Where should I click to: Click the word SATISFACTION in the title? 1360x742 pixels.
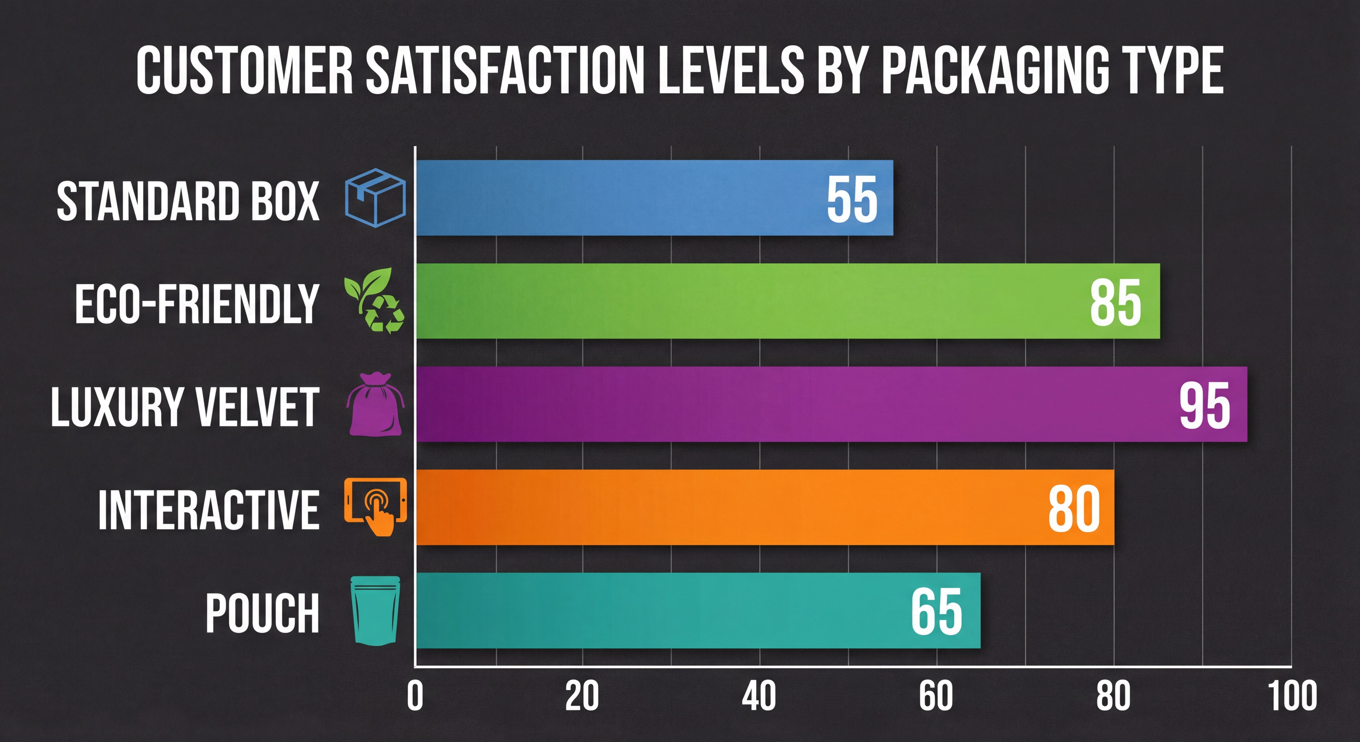click(x=505, y=70)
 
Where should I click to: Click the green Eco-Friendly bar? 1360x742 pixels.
click(x=739, y=301)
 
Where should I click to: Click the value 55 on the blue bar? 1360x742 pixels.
click(x=852, y=199)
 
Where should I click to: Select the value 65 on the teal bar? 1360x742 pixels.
click(x=937, y=611)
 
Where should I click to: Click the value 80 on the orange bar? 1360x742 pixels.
click(x=1074, y=509)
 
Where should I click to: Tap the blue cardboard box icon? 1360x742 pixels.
click(x=375, y=198)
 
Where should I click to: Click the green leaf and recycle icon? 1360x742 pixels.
click(x=374, y=301)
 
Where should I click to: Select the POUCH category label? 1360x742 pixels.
click(x=262, y=612)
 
